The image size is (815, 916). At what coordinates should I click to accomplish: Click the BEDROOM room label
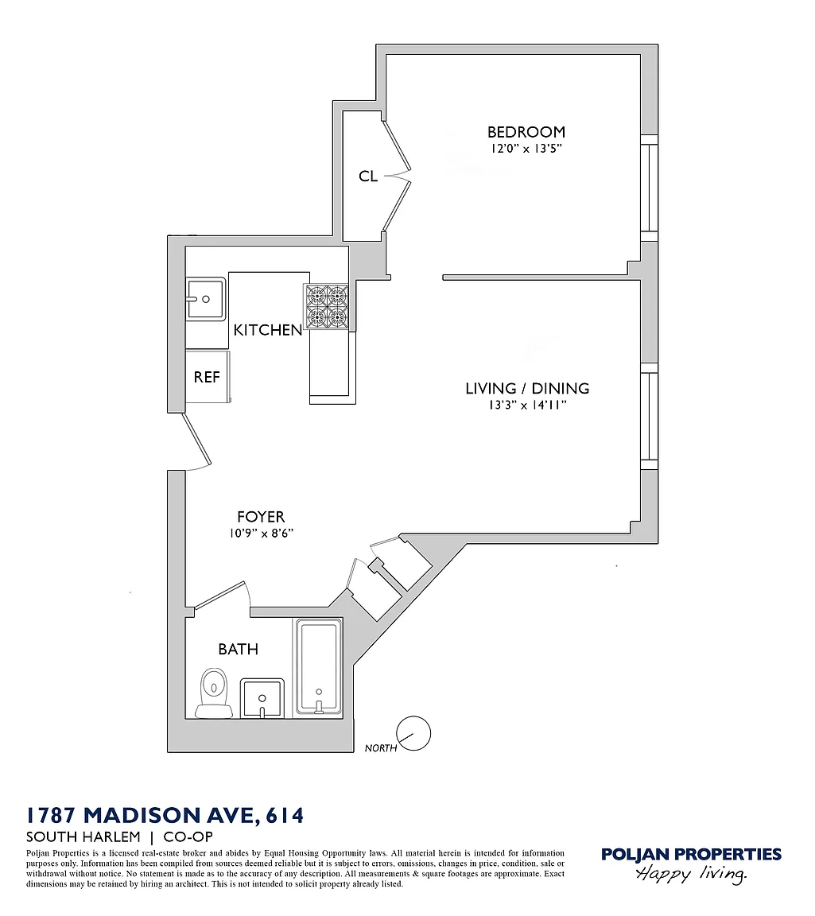pyautogui.click(x=526, y=132)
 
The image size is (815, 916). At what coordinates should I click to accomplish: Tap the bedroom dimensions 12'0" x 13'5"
pyautogui.click(x=526, y=149)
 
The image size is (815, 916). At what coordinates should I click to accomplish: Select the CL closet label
pyautogui.click(x=368, y=176)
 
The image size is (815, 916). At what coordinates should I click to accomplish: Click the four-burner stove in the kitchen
pyautogui.click(x=325, y=306)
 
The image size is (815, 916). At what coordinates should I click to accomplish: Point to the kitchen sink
pyautogui.click(x=206, y=298)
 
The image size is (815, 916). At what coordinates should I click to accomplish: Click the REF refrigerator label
pyautogui.click(x=207, y=378)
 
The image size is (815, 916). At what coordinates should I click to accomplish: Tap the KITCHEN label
pyautogui.click(x=268, y=330)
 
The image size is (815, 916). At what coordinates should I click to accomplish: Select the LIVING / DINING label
pyautogui.click(x=527, y=389)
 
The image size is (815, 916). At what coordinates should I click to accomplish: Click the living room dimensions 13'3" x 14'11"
pyautogui.click(x=528, y=405)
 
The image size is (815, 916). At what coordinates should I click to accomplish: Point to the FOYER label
pyautogui.click(x=261, y=516)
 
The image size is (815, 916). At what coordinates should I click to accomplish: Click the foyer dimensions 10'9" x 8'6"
pyautogui.click(x=261, y=533)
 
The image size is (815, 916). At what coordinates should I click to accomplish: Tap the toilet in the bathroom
pyautogui.click(x=214, y=693)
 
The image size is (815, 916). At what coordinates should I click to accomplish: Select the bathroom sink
pyautogui.click(x=262, y=697)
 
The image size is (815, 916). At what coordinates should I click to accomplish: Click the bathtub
pyautogui.click(x=319, y=667)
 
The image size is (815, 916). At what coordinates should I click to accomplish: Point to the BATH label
pyautogui.click(x=239, y=649)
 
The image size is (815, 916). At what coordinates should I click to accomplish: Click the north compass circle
pyautogui.click(x=413, y=733)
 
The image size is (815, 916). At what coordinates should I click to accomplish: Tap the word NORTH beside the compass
pyautogui.click(x=381, y=747)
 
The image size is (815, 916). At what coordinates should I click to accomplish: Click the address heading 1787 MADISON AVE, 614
pyautogui.click(x=165, y=815)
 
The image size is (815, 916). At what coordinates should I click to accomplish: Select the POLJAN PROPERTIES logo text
pyautogui.click(x=691, y=855)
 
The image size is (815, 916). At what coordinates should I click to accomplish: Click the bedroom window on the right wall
pyautogui.click(x=650, y=188)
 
